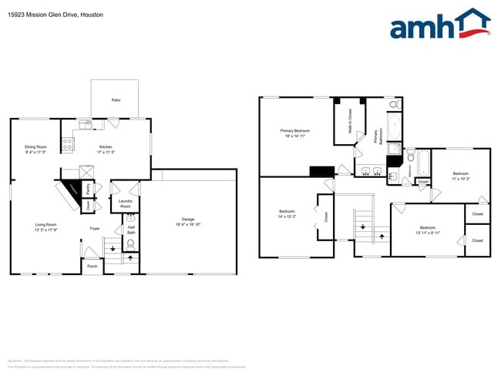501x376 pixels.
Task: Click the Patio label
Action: pyautogui.click(x=116, y=100)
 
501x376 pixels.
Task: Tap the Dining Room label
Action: pyautogui.click(x=35, y=147)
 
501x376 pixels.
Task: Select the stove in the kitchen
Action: pyautogui.click(x=67, y=141)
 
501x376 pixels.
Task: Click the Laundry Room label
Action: pyautogui.click(x=125, y=203)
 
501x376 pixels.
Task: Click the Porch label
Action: pyautogui.click(x=92, y=267)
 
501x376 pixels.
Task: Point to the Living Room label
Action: pyautogui.click(x=46, y=224)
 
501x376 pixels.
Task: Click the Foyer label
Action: pyautogui.click(x=95, y=229)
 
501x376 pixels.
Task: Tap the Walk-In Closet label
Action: pyautogui.click(x=350, y=122)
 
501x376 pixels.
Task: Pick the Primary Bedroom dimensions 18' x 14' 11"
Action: pyautogui.click(x=296, y=136)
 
